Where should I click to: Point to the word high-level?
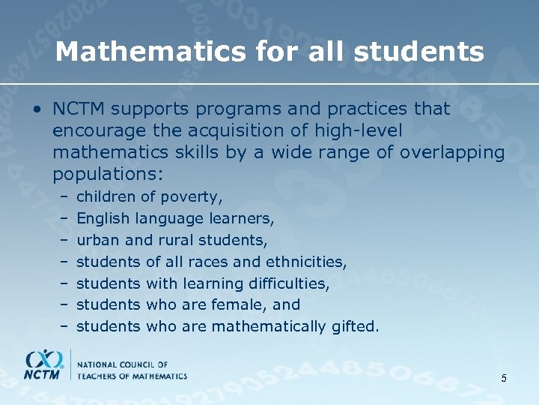[x=359, y=131]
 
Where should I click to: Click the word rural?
[x=177, y=241]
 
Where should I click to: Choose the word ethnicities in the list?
[x=308, y=262]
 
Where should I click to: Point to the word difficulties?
[x=289, y=283]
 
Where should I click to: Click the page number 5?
[x=504, y=378]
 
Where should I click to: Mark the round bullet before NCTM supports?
[x=36, y=109]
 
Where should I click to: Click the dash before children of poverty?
[x=65, y=197]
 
